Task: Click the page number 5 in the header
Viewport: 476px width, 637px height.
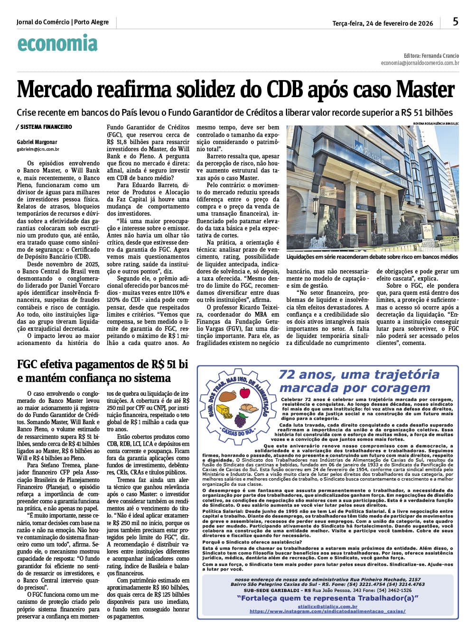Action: pyautogui.click(x=455, y=21)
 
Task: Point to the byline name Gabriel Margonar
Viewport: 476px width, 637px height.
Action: pyautogui.click(x=37, y=142)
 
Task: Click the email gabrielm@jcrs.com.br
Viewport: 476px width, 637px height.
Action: pyautogui.click(x=38, y=149)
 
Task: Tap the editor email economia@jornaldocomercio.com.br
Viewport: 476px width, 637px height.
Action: pyautogui.click(x=420, y=63)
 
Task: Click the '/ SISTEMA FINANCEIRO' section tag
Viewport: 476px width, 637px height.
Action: pyautogui.click(x=44, y=127)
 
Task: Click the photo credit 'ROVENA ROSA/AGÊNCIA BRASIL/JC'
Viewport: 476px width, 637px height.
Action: pyautogui.click(x=436, y=123)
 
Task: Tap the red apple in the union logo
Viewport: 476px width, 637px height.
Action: pyautogui.click(x=245, y=392)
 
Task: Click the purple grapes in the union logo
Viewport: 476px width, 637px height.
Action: pyautogui.click(x=241, y=419)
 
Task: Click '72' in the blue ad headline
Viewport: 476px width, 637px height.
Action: pyautogui.click(x=288, y=374)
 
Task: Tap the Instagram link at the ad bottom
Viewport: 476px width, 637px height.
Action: pyautogui.click(x=327, y=611)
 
